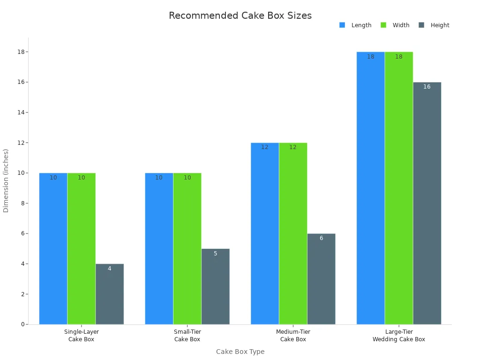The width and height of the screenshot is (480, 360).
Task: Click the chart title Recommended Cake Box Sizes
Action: point(240,15)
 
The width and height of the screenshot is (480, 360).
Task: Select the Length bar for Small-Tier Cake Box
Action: point(159,248)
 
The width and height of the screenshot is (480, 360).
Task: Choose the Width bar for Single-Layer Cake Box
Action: point(82,248)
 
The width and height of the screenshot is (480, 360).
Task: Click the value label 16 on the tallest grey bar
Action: point(427,87)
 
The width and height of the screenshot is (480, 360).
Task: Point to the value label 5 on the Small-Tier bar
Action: point(216,254)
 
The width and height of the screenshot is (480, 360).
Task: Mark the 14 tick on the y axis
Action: point(22,112)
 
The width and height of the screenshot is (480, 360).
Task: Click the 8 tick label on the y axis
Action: point(22,203)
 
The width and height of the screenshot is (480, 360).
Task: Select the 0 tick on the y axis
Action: point(22,324)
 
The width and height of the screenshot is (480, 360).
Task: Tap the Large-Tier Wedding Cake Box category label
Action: point(399,336)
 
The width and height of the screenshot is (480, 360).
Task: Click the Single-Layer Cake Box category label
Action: point(82,336)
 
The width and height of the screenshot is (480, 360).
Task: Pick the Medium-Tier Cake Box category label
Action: point(293,336)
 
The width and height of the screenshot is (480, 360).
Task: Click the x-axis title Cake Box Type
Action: point(240,352)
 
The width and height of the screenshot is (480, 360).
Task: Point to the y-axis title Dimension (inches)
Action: point(6,180)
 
